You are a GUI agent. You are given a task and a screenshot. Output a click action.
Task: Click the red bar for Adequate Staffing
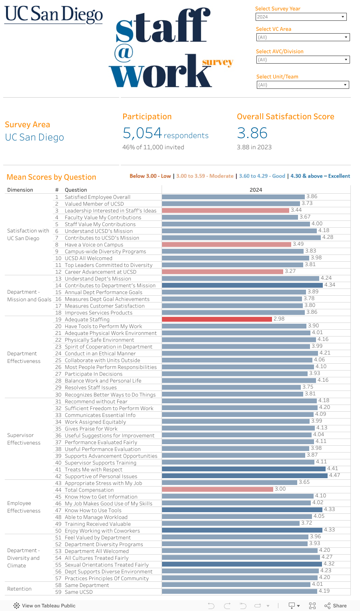pos(217,319)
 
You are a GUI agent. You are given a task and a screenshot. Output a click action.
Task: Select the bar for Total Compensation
pos(218,489)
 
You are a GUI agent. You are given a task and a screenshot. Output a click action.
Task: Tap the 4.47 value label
pos(334,475)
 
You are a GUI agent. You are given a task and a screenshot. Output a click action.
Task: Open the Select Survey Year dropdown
pos(301,17)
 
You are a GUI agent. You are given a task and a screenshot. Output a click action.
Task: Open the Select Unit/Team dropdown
pos(302,85)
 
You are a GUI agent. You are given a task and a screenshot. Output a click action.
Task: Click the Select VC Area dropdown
pos(303,37)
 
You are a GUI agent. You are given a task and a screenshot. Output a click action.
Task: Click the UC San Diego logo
pos(54,15)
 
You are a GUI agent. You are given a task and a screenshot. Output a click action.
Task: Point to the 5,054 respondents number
pos(142,133)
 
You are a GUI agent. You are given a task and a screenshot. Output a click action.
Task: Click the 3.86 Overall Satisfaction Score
pos(252,133)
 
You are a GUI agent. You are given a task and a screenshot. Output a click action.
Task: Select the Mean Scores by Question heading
pos(51,177)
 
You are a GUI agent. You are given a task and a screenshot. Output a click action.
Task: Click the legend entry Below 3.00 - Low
pos(150,176)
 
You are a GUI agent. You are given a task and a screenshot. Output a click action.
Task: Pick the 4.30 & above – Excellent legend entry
pos(320,176)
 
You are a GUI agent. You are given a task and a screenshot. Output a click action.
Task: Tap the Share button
pos(336,605)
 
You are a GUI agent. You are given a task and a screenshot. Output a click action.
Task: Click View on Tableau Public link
pos(44,605)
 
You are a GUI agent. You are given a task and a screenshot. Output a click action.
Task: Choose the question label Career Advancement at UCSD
pos(100,272)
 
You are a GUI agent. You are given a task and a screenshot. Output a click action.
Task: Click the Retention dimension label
pos(19,589)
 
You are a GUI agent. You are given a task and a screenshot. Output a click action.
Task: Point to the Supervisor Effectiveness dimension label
pos(24,439)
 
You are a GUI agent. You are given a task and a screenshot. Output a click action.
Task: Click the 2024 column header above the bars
pos(256,190)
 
